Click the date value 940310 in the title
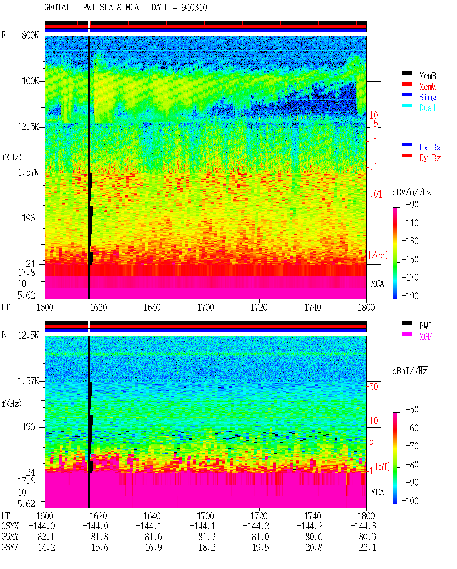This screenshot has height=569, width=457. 194,7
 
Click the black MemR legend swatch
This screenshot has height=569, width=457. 407,73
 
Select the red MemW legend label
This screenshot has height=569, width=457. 428,86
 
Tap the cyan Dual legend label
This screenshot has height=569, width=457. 427,108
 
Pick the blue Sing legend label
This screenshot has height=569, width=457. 427,97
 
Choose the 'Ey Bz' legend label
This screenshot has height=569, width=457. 430,158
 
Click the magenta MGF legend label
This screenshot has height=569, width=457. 425,336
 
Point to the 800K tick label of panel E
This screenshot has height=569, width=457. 30,35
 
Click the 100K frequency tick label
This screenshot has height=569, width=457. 30,81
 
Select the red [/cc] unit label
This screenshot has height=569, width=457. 378,255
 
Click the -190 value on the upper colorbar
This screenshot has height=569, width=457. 410,296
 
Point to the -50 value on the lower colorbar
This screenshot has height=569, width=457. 412,410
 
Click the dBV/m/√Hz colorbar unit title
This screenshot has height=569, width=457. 412,192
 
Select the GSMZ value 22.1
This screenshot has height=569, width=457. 367,547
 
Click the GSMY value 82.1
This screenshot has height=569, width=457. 46,537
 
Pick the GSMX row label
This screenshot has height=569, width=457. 10,526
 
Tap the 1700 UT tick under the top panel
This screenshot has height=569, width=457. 205,307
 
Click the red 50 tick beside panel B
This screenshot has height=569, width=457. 373,386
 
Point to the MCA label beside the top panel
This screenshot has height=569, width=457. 377,284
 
